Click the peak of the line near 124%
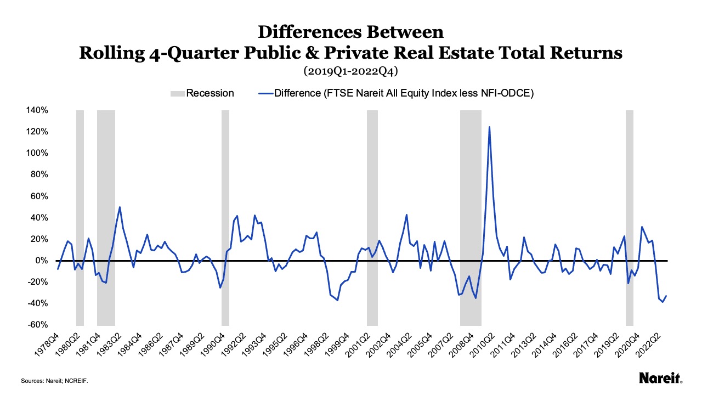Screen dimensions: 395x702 489,127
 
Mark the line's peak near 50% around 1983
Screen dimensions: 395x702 120,207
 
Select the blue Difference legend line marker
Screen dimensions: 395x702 266,93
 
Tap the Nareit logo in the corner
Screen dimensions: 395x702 660,378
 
